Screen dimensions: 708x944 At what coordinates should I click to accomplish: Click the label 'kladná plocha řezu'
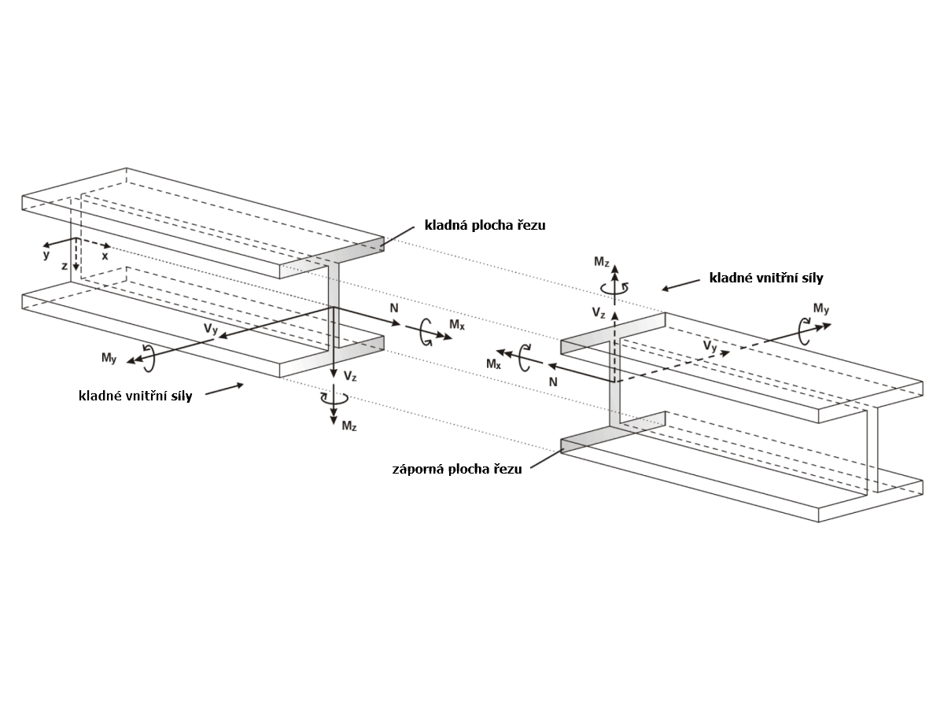485,226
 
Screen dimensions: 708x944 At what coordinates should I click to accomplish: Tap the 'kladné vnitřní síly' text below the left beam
135,396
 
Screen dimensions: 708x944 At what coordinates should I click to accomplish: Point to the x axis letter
105,256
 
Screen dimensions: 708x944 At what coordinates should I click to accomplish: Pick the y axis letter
46,255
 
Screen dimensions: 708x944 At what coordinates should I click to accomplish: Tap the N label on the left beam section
394,308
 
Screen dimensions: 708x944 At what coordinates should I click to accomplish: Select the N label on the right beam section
553,381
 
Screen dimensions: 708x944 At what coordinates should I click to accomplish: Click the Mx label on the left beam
457,324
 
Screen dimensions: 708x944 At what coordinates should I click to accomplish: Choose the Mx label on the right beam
493,363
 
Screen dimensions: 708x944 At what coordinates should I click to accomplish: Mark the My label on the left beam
109,358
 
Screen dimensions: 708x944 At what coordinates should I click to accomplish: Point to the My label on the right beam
821,308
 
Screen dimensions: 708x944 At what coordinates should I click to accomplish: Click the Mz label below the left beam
349,426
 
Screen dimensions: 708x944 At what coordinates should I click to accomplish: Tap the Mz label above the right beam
601,261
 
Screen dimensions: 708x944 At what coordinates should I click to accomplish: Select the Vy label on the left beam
210,330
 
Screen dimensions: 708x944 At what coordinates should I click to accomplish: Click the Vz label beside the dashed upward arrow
599,313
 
